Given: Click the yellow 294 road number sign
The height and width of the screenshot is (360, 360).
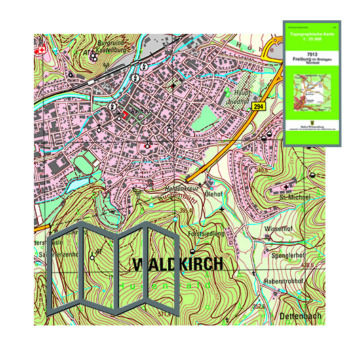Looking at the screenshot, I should coord(258,107).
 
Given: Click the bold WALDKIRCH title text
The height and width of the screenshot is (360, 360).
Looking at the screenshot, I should coord(177,264).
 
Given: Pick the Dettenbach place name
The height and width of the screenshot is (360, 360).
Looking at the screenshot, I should coord(297,317).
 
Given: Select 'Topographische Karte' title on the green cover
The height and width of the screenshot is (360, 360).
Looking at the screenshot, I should coord(312,36).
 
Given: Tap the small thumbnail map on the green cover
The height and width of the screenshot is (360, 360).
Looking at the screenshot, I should coord(312,96).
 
